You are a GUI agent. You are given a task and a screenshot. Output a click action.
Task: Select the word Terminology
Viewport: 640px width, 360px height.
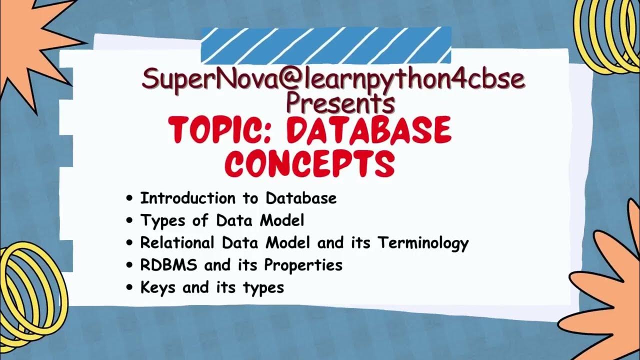click(423, 242)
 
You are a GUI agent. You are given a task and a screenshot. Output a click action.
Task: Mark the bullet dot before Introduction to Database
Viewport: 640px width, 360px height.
click(130, 198)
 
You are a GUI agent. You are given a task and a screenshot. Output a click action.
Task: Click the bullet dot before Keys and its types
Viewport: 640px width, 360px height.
click(130, 288)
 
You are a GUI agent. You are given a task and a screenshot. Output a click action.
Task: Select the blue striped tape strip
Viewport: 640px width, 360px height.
click(326, 45)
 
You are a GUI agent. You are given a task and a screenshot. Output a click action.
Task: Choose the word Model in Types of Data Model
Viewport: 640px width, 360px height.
click(284, 220)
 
